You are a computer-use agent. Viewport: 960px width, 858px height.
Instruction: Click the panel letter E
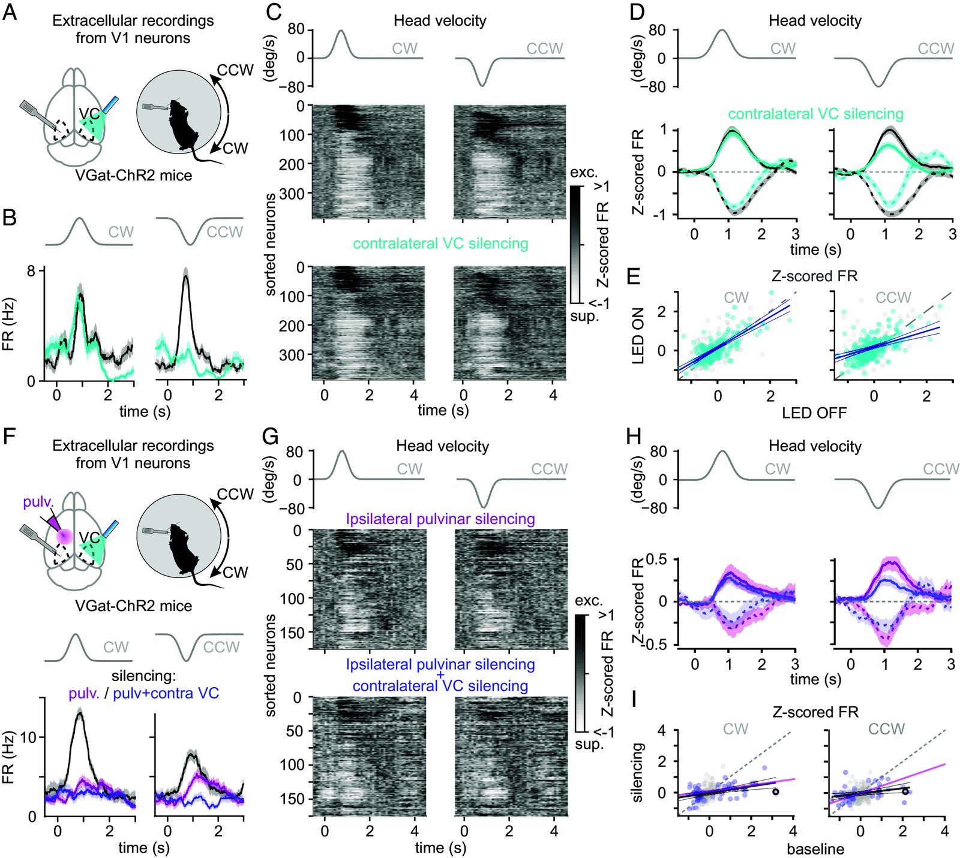coord(634,276)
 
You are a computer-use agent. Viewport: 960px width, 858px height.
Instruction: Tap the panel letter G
coord(271,436)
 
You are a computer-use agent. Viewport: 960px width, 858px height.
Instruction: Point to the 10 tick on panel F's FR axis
coord(28,737)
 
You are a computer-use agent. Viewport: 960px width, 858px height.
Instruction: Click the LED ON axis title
coord(638,335)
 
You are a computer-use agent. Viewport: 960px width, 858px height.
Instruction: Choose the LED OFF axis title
coord(814,413)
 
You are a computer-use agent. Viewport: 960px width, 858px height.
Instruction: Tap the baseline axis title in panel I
coord(815,849)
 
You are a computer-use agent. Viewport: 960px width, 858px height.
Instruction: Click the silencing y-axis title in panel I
coord(638,772)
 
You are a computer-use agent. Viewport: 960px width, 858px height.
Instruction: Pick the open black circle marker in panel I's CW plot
coord(775,792)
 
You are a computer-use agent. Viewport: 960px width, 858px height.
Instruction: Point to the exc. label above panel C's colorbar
coord(584,173)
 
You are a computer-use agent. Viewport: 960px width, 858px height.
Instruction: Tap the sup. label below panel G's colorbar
coord(589,744)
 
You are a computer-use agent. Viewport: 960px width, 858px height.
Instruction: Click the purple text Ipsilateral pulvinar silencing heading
coord(440,519)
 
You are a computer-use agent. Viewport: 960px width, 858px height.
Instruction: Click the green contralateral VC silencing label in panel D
coord(815,113)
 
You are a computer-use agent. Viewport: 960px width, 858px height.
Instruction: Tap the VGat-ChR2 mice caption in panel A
coord(133,176)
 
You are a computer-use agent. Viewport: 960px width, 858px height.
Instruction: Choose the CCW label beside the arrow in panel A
coord(235,70)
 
